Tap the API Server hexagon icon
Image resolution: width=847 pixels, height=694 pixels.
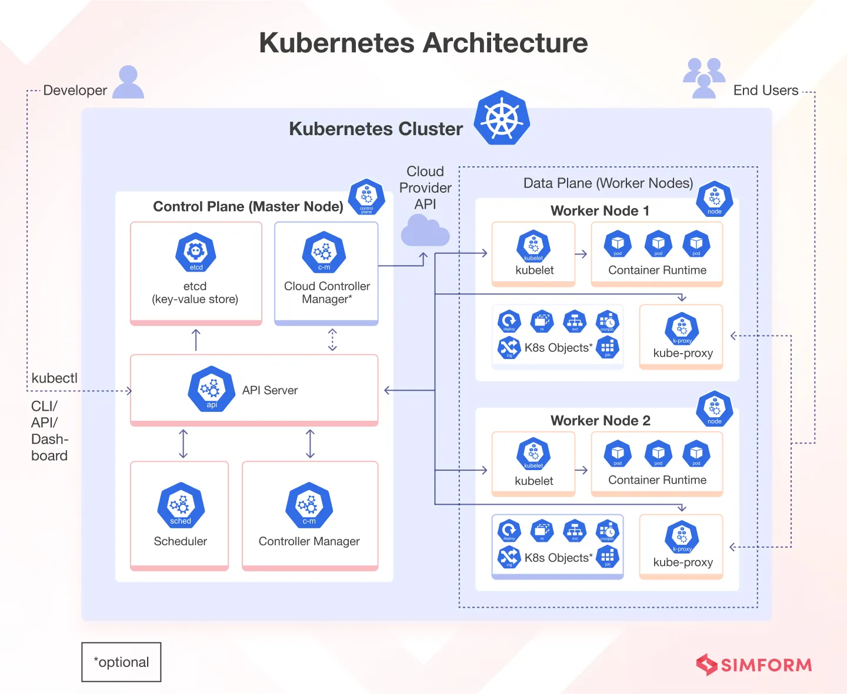tap(211, 388)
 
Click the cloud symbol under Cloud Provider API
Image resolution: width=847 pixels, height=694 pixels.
tap(425, 230)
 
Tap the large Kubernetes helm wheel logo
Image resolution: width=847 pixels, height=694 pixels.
tap(502, 118)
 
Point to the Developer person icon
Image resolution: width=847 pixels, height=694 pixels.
tap(128, 82)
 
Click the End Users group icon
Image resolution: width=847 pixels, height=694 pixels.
tap(704, 78)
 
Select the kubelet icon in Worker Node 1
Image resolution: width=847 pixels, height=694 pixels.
tap(533, 246)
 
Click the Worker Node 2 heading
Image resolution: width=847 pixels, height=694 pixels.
tap(600, 421)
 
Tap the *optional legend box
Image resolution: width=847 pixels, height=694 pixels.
tap(121, 662)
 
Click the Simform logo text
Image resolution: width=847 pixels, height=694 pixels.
tap(766, 665)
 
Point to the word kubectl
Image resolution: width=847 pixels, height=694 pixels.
tap(54, 378)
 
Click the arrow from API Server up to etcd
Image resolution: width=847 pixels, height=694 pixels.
tap(196, 340)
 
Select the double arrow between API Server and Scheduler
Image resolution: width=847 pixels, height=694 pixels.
tap(184, 444)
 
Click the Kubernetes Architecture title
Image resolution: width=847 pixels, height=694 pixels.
tap(423, 43)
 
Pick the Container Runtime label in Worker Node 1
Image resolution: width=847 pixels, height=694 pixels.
tap(657, 270)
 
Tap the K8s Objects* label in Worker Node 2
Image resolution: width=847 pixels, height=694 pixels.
tap(558, 558)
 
